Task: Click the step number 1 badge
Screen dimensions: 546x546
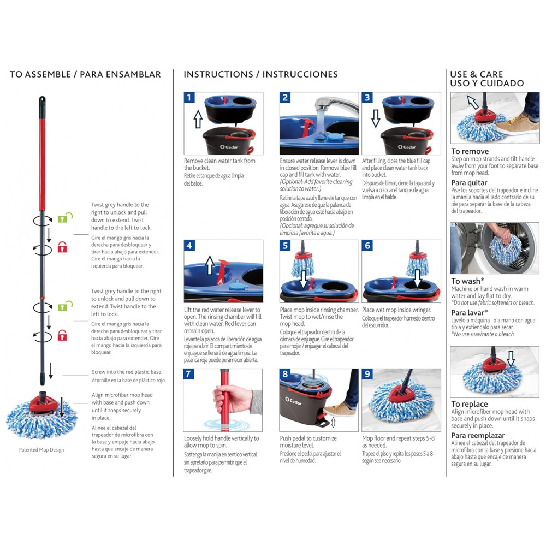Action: click(189, 98)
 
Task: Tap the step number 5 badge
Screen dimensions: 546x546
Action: click(285, 246)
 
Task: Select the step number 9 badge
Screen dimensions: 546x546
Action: click(367, 375)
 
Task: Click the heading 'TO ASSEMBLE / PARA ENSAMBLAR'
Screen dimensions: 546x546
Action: click(85, 74)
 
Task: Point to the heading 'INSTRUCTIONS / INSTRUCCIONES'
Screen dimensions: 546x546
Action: click(260, 74)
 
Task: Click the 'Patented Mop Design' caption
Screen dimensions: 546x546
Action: click(41, 450)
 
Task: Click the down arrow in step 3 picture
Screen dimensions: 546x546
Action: click(376, 118)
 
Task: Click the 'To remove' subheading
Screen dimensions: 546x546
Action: click(470, 151)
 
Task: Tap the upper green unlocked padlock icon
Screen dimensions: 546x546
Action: click(63, 218)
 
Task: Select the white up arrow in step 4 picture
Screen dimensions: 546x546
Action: click(209, 266)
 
